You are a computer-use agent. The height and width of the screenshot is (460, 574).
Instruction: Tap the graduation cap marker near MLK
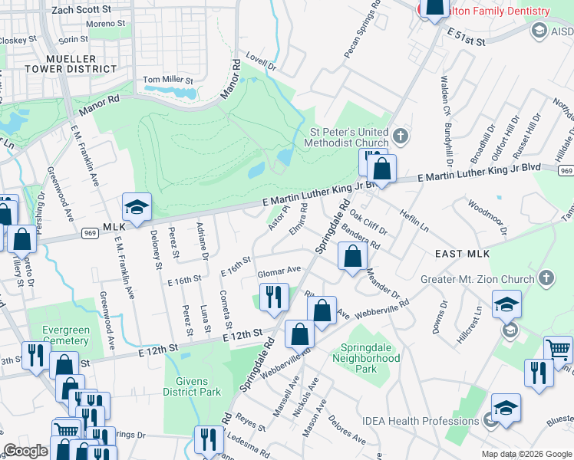pos(137,208)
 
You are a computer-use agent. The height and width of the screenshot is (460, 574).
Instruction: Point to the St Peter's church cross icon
pos(400,136)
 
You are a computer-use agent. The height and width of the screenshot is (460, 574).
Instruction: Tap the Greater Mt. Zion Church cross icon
pos(546,276)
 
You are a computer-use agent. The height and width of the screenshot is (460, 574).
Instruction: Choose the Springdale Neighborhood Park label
pos(366,358)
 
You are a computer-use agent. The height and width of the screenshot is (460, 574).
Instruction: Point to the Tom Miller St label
pos(169,80)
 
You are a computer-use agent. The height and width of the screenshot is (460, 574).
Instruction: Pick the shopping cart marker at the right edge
pos(558,350)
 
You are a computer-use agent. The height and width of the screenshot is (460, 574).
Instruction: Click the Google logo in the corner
pos(25,451)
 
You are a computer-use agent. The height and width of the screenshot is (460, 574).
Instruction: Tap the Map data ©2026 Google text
pos(526,454)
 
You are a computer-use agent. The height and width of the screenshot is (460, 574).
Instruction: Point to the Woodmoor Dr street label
pos(488,216)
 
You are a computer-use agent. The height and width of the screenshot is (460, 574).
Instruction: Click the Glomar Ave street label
pos(279,271)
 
